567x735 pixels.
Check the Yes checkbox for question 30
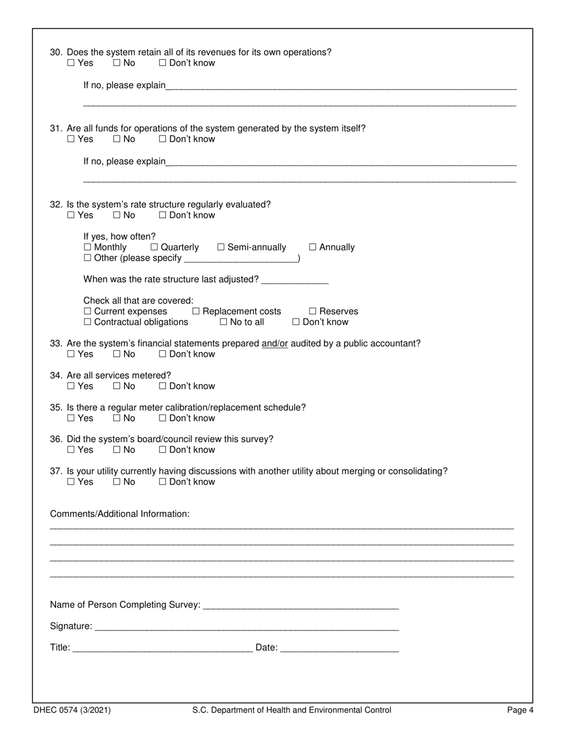[x=71, y=63]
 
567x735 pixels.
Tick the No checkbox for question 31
[x=117, y=139]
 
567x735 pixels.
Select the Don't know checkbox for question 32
[x=162, y=215]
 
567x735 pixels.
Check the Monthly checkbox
[x=88, y=247]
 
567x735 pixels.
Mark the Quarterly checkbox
[x=155, y=247]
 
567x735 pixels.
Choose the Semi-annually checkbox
[x=221, y=247]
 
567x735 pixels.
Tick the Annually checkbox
[x=313, y=247]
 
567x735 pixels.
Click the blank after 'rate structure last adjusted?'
[x=295, y=280]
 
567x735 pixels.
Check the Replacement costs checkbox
[x=196, y=311]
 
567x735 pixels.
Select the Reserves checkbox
[x=313, y=311]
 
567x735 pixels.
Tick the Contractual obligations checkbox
[x=88, y=322]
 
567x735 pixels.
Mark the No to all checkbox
[x=224, y=322]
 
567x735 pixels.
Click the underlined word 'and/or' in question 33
[x=275, y=344]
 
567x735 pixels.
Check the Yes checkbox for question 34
[x=71, y=386]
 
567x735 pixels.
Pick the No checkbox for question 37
[x=117, y=482]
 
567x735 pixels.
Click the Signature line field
[x=246, y=627]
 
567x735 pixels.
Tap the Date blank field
[x=339, y=648]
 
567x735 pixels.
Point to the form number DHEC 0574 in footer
[x=72, y=710]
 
